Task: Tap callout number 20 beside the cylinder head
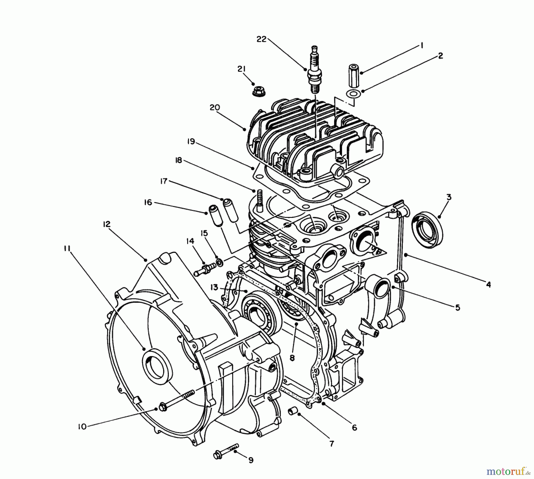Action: [214, 107]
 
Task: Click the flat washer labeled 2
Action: [353, 93]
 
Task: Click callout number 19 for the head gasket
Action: [191, 142]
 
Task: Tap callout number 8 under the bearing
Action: [292, 358]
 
